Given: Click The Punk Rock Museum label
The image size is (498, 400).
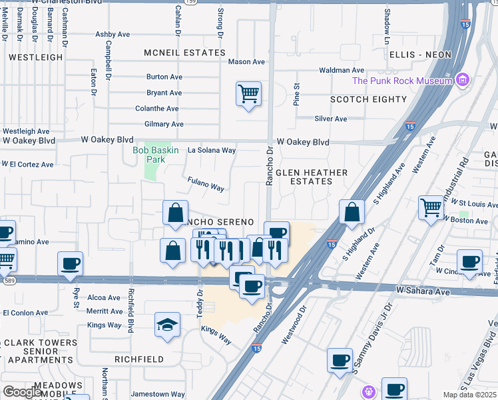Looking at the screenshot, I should click(x=403, y=81).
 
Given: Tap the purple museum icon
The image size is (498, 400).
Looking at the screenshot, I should click(x=463, y=81).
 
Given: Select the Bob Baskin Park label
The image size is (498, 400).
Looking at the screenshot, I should click(x=156, y=155).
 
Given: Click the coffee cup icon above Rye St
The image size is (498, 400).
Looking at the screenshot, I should click(x=70, y=264).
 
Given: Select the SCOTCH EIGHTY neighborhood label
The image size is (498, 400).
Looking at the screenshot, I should click(x=368, y=99).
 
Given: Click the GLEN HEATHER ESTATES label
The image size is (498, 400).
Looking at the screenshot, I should click(x=312, y=177).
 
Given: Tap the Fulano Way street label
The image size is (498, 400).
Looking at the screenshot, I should click(x=206, y=184).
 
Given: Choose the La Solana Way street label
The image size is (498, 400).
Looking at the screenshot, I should click(x=211, y=151).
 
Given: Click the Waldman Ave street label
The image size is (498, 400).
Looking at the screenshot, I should click(x=342, y=70).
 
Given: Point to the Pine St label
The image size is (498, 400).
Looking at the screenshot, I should click(x=298, y=94).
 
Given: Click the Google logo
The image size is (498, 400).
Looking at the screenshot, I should click(x=22, y=393).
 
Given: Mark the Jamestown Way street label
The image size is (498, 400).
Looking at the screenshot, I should click(x=158, y=394).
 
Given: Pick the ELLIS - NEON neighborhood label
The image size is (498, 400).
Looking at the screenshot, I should click(x=420, y=54).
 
